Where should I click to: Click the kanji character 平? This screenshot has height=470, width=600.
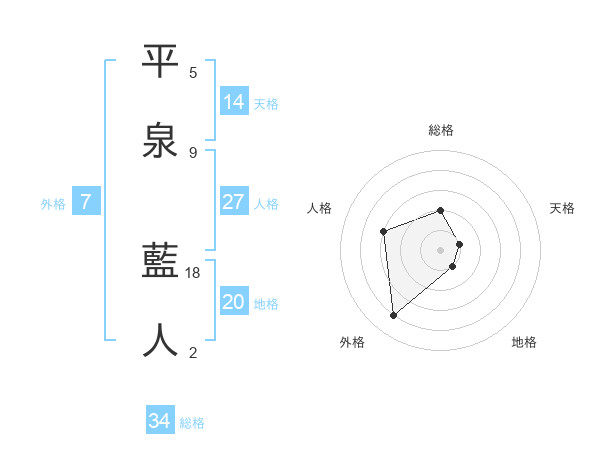click(x=161, y=61)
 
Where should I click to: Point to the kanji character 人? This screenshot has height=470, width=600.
click(x=161, y=340)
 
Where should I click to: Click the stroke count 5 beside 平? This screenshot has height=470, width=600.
click(x=193, y=73)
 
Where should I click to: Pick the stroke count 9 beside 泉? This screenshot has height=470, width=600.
click(x=193, y=152)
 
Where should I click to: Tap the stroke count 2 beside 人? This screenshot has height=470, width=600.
click(x=193, y=352)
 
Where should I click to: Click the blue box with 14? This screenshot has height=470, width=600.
click(x=234, y=102)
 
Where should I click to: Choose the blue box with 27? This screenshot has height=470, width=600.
click(x=234, y=202)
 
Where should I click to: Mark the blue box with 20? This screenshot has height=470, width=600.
click(x=234, y=302)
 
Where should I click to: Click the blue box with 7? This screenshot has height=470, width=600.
click(x=86, y=202)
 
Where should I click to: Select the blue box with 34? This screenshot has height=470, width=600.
click(x=160, y=421)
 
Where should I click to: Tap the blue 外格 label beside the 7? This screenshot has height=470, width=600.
click(x=53, y=204)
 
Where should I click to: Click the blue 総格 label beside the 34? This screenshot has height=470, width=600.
click(x=192, y=423)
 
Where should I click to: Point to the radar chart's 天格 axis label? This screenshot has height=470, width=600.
click(x=563, y=208)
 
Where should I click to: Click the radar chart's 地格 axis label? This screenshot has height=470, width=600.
click(x=524, y=342)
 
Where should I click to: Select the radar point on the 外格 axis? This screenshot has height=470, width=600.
click(x=394, y=316)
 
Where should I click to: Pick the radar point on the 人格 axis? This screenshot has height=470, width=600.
click(x=383, y=232)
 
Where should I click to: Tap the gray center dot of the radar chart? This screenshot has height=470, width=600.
click(x=441, y=249)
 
